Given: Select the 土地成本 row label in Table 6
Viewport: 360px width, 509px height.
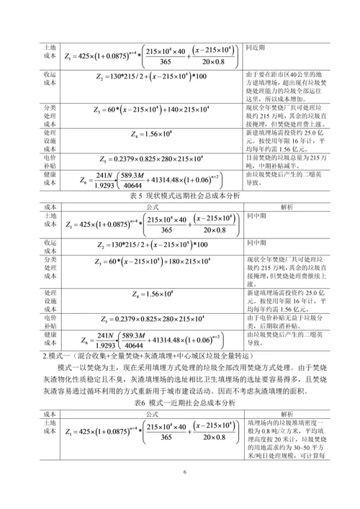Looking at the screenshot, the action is point(50,427).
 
